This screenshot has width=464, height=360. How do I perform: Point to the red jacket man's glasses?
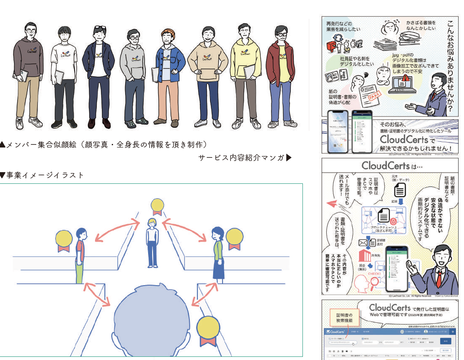tap(281, 35)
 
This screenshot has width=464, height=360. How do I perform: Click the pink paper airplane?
tap(333, 203)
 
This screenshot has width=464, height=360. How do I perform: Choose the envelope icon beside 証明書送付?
tap(364, 243)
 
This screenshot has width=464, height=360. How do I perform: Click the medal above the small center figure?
tap(157, 206)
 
